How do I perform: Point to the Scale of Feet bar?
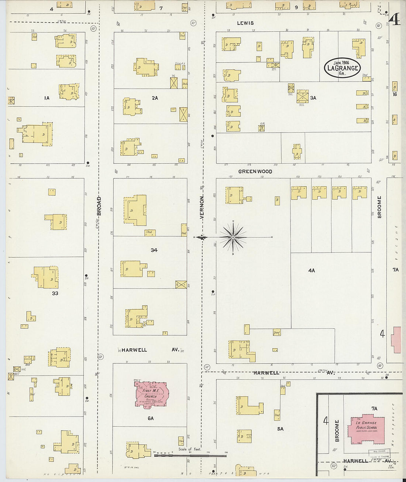tap(190, 455)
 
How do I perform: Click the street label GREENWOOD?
tap(255, 171)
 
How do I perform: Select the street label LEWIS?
tap(245, 23)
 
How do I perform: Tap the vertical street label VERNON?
tap(202, 207)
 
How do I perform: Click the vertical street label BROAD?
tap(99, 206)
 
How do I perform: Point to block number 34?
tap(154, 250)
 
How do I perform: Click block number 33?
tap(55, 293)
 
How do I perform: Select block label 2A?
tap(155, 98)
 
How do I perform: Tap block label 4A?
tap(312, 270)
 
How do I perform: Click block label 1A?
tap(47, 98)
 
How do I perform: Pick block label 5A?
tap(280, 429)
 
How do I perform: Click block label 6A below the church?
tap(150, 418)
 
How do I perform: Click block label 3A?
tap(313, 98)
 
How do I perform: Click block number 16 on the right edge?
tap(395, 95)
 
